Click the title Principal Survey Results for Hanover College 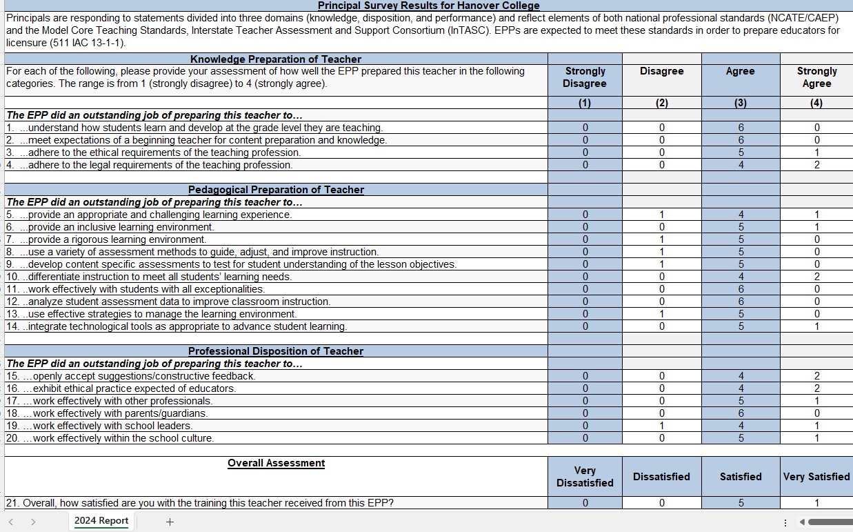pos(428,6)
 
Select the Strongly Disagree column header pos(585,77)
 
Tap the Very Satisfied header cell pos(816,477)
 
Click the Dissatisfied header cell pos(661,477)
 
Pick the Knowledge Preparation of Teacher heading pos(276,59)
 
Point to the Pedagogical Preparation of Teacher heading pos(276,190)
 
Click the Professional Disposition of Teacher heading pos(276,351)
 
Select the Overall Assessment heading pos(276,463)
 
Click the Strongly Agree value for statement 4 pos(816,165)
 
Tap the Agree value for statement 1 pos(741,128)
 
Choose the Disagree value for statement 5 pos(661,215)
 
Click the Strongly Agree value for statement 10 pos(816,277)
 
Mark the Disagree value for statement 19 pos(661,426)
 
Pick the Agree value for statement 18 pos(741,413)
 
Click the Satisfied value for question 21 pos(741,503)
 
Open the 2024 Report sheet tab pos(101,521)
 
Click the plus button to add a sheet pos(170,522)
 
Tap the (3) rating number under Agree pos(741,103)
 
